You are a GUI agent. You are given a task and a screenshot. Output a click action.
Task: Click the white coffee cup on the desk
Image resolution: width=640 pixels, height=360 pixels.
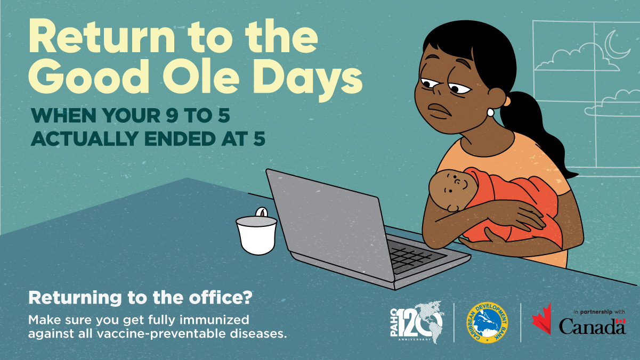pos(256,235)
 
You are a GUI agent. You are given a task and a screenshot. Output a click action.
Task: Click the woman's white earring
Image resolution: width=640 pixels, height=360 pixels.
pos(490,112)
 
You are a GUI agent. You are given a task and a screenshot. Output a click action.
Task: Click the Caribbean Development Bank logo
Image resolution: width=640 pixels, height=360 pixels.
pos(487,322)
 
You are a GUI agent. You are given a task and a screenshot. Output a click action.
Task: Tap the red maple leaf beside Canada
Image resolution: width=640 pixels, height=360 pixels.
pos(542,319)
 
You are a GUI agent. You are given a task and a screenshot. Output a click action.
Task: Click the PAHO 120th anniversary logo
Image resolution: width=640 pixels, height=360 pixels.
pos(417,322)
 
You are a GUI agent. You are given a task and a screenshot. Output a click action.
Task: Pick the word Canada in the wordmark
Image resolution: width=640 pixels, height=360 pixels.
pos(592,326)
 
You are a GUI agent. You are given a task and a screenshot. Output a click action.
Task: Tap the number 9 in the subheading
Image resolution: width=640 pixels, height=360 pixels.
pos(172,116)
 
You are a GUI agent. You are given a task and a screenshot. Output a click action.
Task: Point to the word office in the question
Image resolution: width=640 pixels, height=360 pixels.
pos(216,298)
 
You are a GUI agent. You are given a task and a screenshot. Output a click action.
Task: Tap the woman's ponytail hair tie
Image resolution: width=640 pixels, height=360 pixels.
pos(507,101)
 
